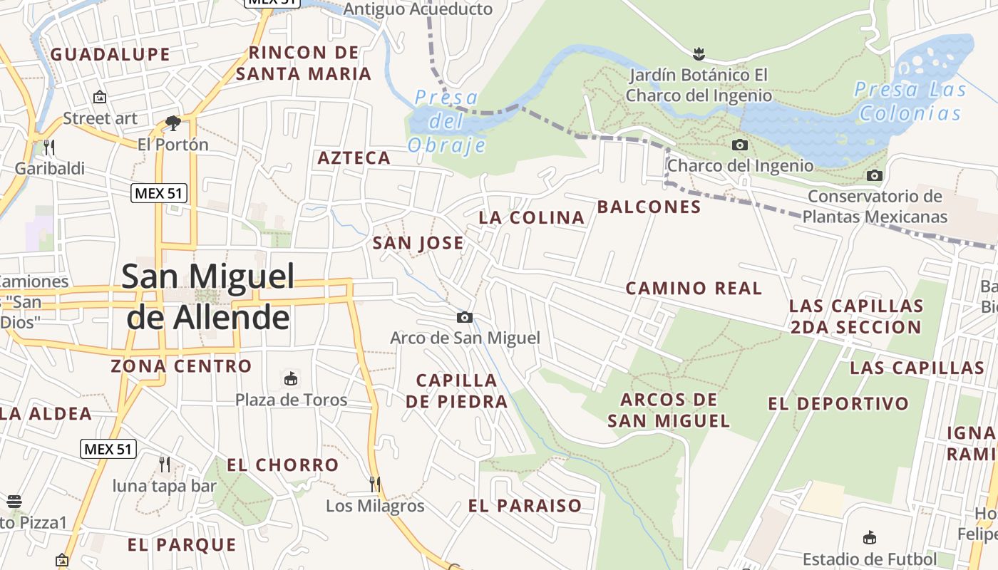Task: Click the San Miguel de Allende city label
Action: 208,296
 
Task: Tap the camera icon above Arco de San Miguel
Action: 465,317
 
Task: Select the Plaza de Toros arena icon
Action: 291,378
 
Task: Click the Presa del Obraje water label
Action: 447,121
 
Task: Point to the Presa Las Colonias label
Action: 910,101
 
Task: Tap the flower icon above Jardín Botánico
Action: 699,53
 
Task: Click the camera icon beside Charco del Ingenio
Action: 740,145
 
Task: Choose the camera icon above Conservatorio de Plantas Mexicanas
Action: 875,175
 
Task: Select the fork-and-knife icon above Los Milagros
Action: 375,484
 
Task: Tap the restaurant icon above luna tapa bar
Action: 165,465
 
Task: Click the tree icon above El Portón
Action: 173,123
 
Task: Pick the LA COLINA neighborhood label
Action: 531,218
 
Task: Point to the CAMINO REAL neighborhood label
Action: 694,289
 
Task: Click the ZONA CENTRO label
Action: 181,366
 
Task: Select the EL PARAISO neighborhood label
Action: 525,506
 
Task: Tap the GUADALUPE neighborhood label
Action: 110,54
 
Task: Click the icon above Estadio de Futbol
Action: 869,538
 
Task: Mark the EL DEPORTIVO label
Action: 838,404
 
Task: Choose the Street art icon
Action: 100,97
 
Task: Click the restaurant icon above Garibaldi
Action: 49,147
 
